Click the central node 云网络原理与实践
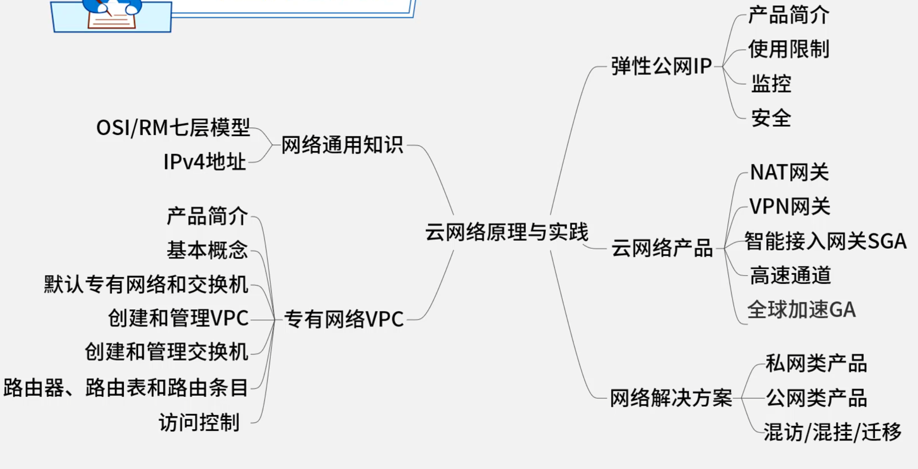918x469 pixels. [x=506, y=232]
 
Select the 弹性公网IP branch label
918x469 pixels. [x=661, y=66]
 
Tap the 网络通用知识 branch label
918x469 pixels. [x=342, y=145]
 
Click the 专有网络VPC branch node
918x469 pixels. [x=344, y=319]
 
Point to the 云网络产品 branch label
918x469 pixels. [x=662, y=248]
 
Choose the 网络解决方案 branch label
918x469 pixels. [x=671, y=398]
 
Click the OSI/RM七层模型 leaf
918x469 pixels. [x=173, y=127]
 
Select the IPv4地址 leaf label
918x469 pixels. [x=205, y=162]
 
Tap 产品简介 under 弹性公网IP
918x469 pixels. [x=789, y=15]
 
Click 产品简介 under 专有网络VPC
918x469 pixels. [x=207, y=216]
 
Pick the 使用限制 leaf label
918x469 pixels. [x=789, y=49]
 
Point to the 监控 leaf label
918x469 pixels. [x=771, y=83]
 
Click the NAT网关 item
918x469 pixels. [x=789, y=173]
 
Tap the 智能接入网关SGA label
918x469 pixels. [x=825, y=241]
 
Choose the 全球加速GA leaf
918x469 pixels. [x=802, y=310]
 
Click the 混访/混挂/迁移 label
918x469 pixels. [x=832, y=432]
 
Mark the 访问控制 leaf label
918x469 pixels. [x=199, y=423]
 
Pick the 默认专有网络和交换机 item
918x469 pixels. [x=146, y=285]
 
